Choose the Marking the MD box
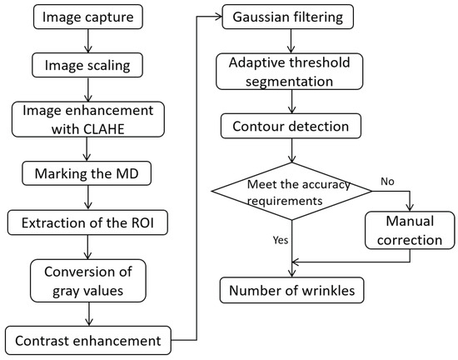pyautogui.click(x=87, y=173)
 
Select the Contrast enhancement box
pyautogui.click(x=87, y=341)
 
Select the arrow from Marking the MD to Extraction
pyautogui.click(x=87, y=197)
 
